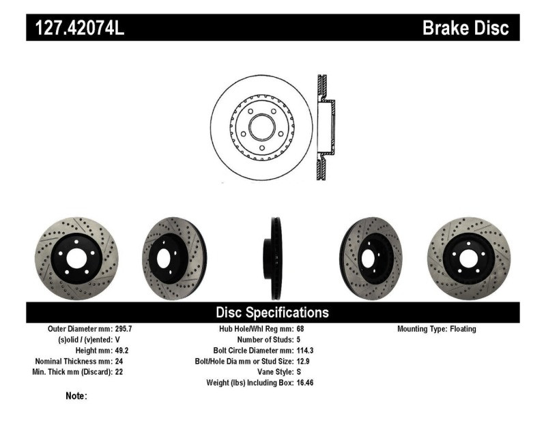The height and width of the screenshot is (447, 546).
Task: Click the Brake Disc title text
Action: coord(465,28)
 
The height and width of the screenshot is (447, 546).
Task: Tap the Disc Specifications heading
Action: coord(272,313)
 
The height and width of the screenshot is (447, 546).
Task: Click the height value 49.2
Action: coord(119,350)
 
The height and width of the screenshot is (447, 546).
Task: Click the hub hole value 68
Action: coord(300,329)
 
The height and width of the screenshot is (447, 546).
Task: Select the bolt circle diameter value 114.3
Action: coord(304,350)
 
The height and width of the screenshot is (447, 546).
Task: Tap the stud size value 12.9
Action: coord(302,361)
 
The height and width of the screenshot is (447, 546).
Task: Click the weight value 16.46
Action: coord(304,383)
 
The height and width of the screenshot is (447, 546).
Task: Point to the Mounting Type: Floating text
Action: coord(437,329)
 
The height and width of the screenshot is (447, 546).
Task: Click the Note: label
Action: coord(76,396)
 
